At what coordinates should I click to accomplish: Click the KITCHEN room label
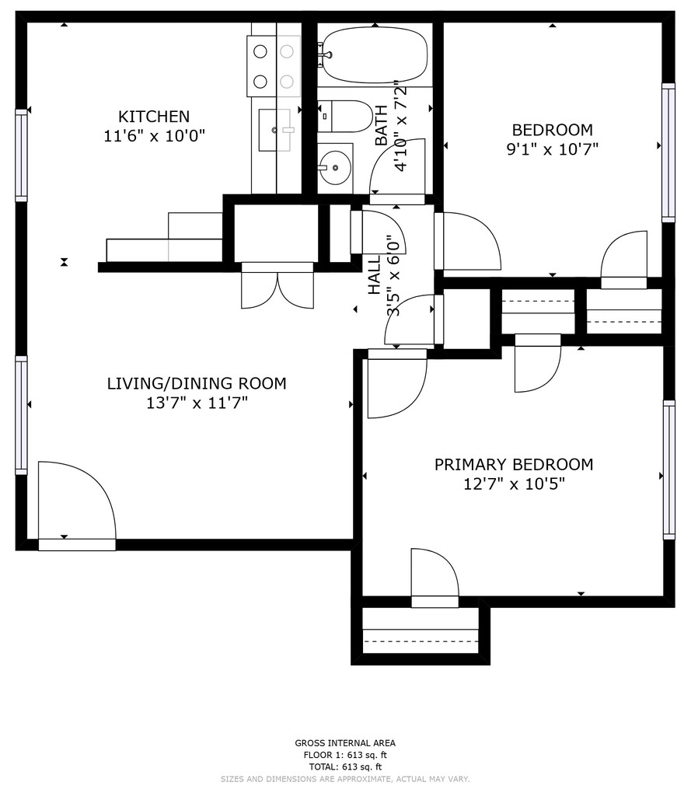coord(154,117)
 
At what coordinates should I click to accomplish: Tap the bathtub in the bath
coord(375,55)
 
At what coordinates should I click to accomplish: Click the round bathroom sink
coord(335,167)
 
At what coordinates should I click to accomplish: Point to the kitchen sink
coord(274,130)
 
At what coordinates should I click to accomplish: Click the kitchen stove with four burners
coord(274,66)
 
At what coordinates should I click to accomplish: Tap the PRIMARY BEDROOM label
coord(514,465)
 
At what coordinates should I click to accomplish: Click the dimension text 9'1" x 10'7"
coord(553,149)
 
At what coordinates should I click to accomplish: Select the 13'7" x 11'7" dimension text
coord(197,403)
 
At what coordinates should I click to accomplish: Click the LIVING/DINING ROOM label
coord(197,383)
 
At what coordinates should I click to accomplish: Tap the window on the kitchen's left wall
coord(21,155)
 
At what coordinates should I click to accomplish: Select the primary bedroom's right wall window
coord(669,470)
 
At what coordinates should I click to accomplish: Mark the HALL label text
coord(374,274)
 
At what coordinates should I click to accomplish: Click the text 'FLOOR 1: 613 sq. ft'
coord(345,755)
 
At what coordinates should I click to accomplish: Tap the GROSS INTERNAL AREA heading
coord(345,743)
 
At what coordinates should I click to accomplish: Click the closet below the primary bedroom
coord(421,631)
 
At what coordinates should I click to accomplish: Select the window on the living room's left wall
coord(21,415)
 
